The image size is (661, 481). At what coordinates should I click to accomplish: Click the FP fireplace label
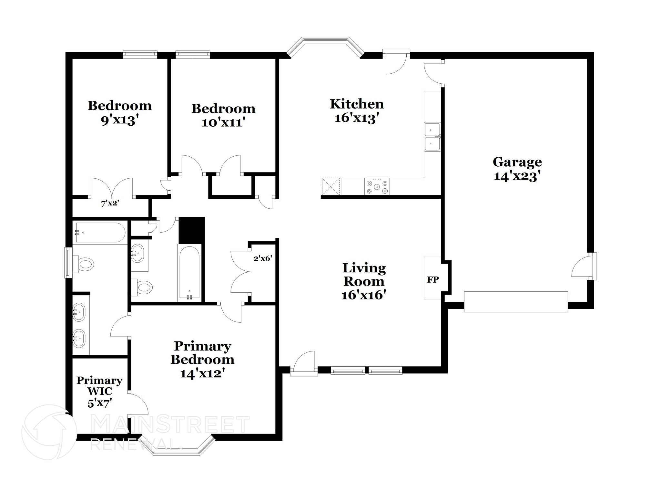point(433,280)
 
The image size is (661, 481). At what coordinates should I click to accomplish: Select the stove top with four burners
point(377,187)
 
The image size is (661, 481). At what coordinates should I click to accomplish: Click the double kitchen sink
point(432,137)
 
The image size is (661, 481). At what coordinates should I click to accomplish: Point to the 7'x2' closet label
point(110,204)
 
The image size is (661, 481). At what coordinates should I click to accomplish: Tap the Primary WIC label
point(99,385)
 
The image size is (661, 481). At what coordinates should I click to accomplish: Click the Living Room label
point(364,275)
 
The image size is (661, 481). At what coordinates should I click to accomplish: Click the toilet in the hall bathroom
point(144,286)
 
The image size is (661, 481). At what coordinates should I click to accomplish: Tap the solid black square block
point(192,230)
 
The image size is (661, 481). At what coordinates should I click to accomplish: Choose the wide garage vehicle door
point(515,302)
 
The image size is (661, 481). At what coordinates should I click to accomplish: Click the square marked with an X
point(331,186)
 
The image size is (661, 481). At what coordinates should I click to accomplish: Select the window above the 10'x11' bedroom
point(193,55)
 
